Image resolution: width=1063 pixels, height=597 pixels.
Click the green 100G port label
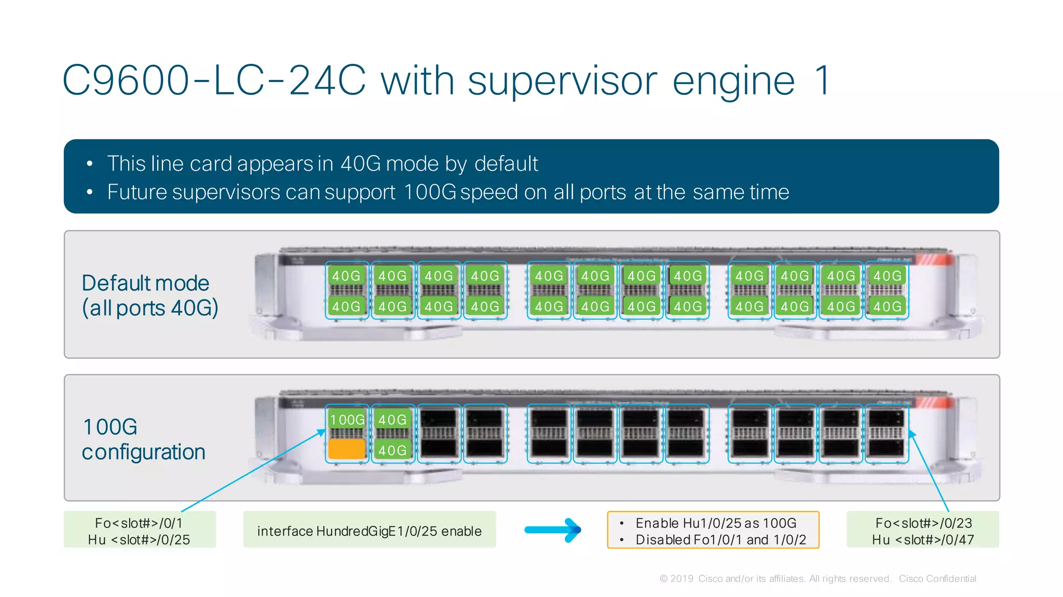[347, 419]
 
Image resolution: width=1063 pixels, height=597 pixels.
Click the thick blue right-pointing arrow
[553, 530]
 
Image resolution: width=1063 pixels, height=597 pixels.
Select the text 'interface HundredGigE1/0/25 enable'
[369, 531]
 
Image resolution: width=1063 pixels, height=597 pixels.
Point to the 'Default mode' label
[145, 283]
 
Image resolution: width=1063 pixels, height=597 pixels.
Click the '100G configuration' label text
[143, 439]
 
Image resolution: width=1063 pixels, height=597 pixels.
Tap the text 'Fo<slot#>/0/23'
[923, 523]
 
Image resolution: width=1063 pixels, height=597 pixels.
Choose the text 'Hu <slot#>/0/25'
[139, 539]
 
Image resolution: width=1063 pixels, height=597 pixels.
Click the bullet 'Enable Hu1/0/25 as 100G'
[716, 523]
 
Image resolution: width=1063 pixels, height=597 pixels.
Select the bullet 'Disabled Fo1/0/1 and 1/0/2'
[720, 539]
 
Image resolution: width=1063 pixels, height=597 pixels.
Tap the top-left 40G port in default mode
[346, 275]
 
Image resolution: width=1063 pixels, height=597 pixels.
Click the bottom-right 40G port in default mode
[887, 307]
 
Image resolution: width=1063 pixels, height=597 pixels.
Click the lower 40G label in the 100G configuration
[392, 450]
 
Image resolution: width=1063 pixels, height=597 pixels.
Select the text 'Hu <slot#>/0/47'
[922, 539]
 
